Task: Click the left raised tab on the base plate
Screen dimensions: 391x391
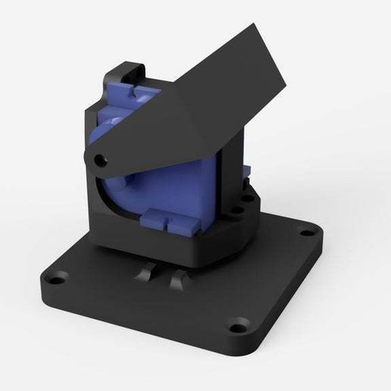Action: point(145,274)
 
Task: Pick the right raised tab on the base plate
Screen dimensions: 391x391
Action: point(180,281)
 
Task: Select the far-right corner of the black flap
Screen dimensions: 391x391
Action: point(287,91)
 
